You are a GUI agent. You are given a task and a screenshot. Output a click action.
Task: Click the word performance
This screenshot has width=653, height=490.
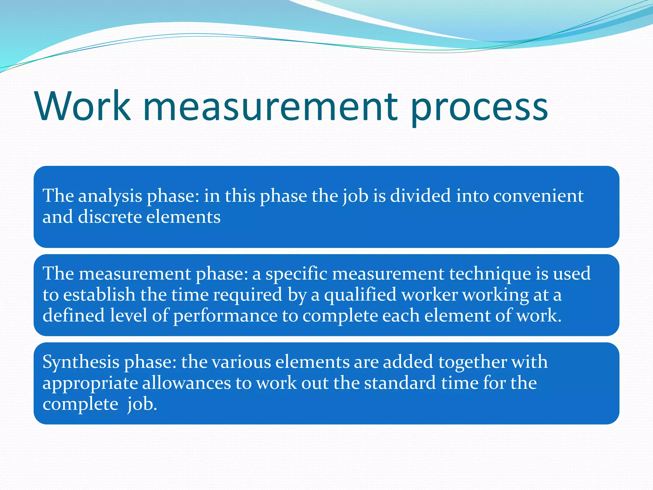point(225,316)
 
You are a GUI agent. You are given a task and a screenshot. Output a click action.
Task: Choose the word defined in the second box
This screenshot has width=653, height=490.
point(74,316)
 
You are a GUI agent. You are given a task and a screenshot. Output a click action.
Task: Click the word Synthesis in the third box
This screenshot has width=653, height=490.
point(81,362)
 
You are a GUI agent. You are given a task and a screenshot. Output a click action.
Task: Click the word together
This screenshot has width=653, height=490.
point(472,362)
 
